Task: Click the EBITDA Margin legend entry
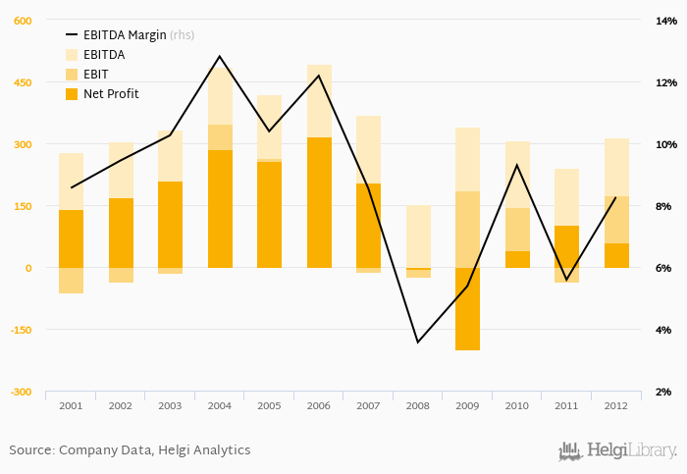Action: pyautogui.click(x=124, y=35)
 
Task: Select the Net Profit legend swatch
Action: pyautogui.click(x=72, y=94)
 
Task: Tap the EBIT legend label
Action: pyautogui.click(x=96, y=75)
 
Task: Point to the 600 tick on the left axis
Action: pyautogui.click(x=22, y=21)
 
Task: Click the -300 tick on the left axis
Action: pyautogui.click(x=20, y=392)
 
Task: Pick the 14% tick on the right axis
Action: pyautogui.click(x=666, y=21)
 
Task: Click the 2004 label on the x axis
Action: pyautogui.click(x=219, y=404)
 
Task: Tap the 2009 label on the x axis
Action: pyautogui.click(x=467, y=404)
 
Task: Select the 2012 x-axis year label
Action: pyautogui.click(x=616, y=404)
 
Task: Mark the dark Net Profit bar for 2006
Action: pyautogui.click(x=319, y=202)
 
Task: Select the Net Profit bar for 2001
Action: pyautogui.click(x=71, y=238)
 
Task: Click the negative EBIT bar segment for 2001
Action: pyautogui.click(x=71, y=281)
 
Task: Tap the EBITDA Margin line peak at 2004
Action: pyautogui.click(x=219, y=56)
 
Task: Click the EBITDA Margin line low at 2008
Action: pyautogui.click(x=418, y=342)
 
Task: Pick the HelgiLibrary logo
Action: pyautogui.click(x=617, y=450)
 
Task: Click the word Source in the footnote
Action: pyautogui.click(x=30, y=450)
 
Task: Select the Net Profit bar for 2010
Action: pyautogui.click(x=517, y=259)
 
